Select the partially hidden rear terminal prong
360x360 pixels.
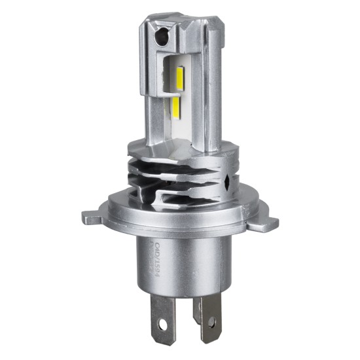click(196, 308)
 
